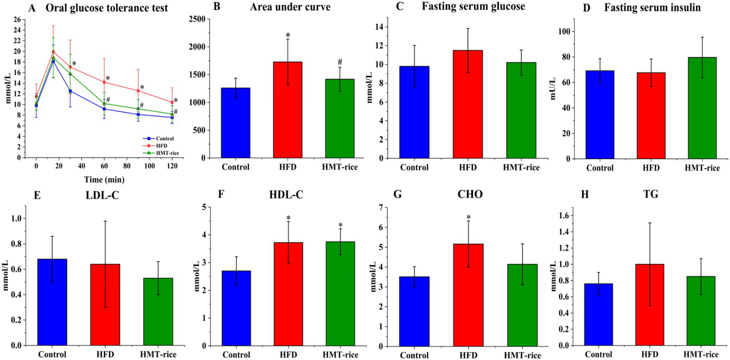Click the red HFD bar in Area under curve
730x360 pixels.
click(289, 110)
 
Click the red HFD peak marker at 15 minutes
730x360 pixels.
click(54, 52)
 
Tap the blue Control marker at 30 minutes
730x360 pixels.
click(70, 91)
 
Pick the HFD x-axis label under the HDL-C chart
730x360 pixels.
click(289, 354)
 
